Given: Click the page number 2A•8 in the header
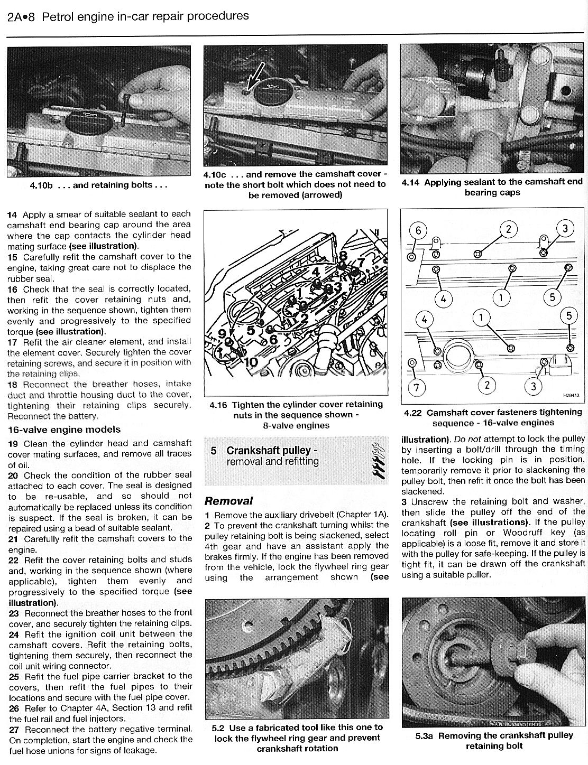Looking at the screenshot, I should (21, 16).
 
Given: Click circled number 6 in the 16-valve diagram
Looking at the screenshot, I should (418, 230).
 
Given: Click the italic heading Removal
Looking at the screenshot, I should (228, 501).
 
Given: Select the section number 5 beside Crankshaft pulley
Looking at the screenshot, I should (214, 451).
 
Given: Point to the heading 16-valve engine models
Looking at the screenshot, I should (64, 430).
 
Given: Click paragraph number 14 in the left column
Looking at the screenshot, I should (12, 214).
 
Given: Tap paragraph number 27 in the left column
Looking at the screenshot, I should (14, 729).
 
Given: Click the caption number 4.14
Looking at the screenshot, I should (410, 182).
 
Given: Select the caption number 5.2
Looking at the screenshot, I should (218, 727).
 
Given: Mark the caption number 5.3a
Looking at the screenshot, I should (425, 735).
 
